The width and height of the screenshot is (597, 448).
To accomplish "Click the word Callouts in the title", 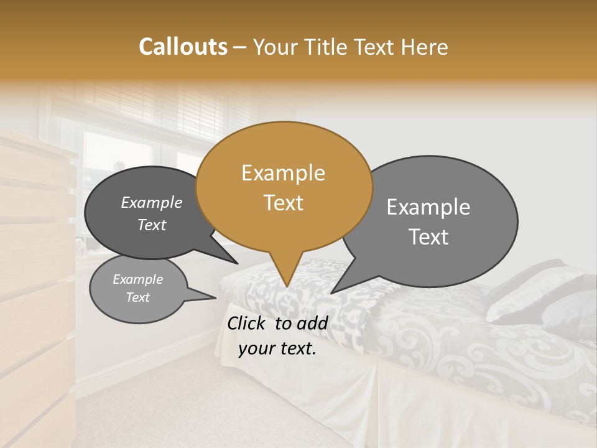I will (183, 47).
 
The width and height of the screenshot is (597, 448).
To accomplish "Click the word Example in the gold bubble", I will (283, 173).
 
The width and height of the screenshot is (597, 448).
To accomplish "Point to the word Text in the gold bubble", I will (283, 203).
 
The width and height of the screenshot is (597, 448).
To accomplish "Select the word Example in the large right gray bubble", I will (428, 207).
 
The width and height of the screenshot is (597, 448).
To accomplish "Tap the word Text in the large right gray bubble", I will (428, 237).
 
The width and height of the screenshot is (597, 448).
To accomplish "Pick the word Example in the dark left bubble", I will (152, 203).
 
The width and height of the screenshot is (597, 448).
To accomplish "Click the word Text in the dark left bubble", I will (152, 225).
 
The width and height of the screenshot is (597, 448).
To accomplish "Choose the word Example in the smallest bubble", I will (138, 279).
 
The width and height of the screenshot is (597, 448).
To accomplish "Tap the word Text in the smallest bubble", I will (138, 297).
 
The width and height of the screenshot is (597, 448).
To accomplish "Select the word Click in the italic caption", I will (248, 323).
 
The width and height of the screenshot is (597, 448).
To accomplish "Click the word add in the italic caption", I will (312, 323).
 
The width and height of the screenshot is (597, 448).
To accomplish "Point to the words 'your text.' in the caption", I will (277, 349).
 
